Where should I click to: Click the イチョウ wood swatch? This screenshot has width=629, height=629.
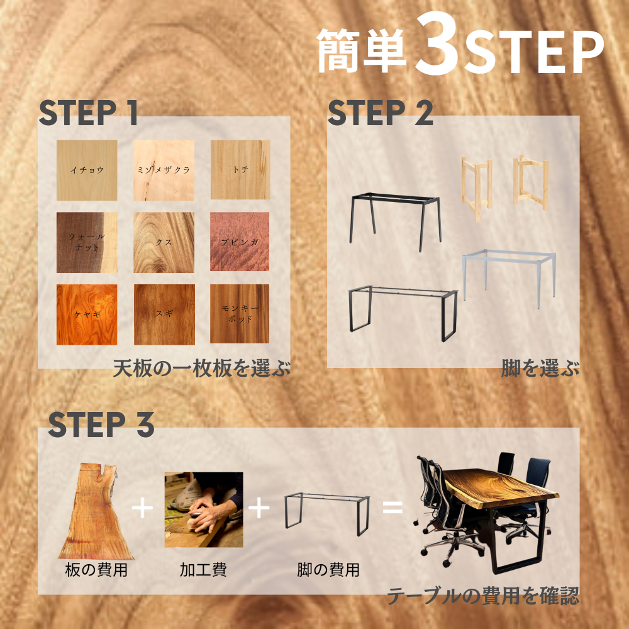tap(87, 170)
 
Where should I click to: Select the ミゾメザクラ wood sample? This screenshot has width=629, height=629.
tap(164, 170)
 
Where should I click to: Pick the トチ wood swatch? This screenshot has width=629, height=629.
tap(240, 170)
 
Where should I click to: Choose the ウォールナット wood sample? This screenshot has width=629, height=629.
tap(87, 242)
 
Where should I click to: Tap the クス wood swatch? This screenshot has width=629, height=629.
tap(164, 242)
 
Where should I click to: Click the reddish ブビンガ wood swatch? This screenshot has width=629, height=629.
tap(240, 242)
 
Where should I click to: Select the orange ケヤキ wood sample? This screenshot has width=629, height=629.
tap(87, 314)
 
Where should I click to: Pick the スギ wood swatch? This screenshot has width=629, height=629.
tap(164, 314)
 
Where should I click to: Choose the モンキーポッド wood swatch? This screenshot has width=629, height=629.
tap(240, 314)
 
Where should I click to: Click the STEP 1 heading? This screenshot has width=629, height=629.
tap(88, 113)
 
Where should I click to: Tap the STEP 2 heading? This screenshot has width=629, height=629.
tap(381, 113)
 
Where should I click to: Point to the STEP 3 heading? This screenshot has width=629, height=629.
tap(101, 425)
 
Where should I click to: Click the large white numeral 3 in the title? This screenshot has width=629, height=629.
tap(437, 44)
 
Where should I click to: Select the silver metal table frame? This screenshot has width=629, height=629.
tap(509, 279)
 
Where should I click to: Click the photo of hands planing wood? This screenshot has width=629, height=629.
tap(204, 509)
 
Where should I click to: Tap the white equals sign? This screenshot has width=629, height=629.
tap(392, 507)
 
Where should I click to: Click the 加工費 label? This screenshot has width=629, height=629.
tap(203, 570)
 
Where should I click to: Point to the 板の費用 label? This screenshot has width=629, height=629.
tap(96, 570)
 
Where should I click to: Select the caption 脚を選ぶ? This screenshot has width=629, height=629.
tap(540, 368)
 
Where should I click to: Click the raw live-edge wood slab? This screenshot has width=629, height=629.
tap(96, 511)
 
